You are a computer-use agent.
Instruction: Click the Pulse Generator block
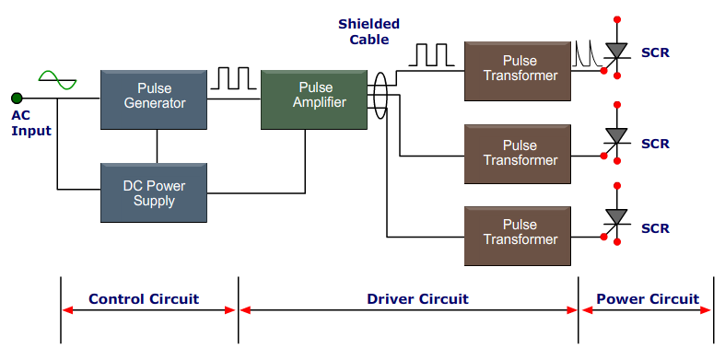point(154,97)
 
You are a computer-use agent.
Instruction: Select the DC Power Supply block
point(154,192)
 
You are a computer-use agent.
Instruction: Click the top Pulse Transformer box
point(518,70)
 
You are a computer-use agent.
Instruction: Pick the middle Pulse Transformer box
point(518,154)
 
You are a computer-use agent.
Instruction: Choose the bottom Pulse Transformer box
point(518,232)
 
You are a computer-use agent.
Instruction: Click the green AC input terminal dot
point(16,98)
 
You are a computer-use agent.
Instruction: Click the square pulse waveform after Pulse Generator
point(234,77)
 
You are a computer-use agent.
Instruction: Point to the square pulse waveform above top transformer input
point(431,55)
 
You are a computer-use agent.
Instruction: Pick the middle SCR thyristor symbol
point(616,137)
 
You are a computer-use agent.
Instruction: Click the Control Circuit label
point(144,299)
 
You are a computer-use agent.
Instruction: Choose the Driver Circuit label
point(417,299)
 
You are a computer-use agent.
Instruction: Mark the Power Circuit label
point(648,299)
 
